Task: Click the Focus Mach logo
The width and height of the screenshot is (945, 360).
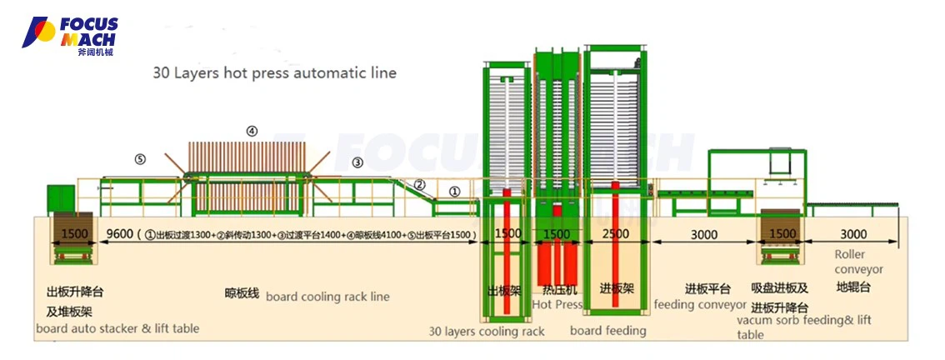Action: (70, 36)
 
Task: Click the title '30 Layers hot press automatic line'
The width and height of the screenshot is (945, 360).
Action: (274, 73)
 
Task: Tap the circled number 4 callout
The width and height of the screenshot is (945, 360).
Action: (252, 131)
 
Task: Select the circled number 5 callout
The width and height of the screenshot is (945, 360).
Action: (140, 159)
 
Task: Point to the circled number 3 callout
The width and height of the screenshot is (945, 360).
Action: (357, 162)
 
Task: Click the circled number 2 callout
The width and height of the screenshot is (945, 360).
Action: (420, 185)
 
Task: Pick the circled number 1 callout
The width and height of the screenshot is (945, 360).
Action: (455, 191)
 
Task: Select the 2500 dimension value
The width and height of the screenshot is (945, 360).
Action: (615, 235)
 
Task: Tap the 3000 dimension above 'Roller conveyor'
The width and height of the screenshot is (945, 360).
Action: (852, 234)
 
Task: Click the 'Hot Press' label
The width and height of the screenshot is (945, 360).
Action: (557, 305)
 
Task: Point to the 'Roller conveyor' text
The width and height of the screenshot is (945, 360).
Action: (858, 262)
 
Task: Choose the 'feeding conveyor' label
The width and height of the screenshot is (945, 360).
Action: (699, 304)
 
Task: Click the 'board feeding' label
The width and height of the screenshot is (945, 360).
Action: (607, 331)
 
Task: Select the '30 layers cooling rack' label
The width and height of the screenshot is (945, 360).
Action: (487, 332)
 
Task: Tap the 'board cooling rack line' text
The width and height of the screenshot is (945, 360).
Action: (327, 297)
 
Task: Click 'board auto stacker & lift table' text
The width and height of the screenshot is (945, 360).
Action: (117, 328)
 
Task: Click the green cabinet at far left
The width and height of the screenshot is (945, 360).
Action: (61, 197)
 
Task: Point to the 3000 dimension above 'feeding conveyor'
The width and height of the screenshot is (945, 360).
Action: (704, 235)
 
